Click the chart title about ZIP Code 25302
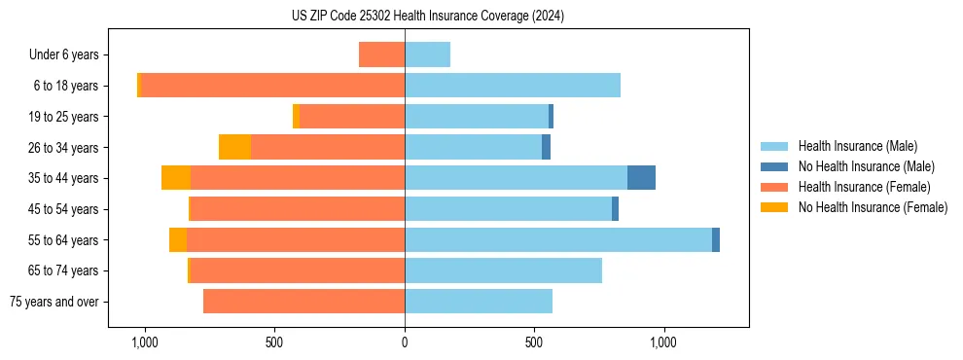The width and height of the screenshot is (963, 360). point(427,16)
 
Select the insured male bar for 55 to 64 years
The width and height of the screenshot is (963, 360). point(558,239)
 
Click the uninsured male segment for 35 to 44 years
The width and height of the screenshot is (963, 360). point(641,178)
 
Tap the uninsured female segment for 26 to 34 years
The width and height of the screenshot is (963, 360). point(234,147)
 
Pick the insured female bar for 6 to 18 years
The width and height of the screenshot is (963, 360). point(272,86)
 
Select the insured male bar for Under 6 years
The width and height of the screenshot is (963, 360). point(427,54)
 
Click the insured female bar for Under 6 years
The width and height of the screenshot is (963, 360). point(381,54)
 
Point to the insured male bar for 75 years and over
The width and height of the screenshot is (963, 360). point(479,302)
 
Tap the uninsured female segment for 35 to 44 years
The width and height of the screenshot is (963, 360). point(176,178)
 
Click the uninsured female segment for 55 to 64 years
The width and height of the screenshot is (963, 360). point(178,239)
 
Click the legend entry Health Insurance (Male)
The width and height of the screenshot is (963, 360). point(857,146)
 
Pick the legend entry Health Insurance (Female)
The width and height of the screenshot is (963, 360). point(864,187)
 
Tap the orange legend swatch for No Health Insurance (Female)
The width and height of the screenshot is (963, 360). point(774,207)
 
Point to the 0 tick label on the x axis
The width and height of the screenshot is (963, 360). point(405,342)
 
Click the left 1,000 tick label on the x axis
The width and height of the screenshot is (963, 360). point(144,342)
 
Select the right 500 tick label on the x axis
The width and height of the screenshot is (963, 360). point(534,342)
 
